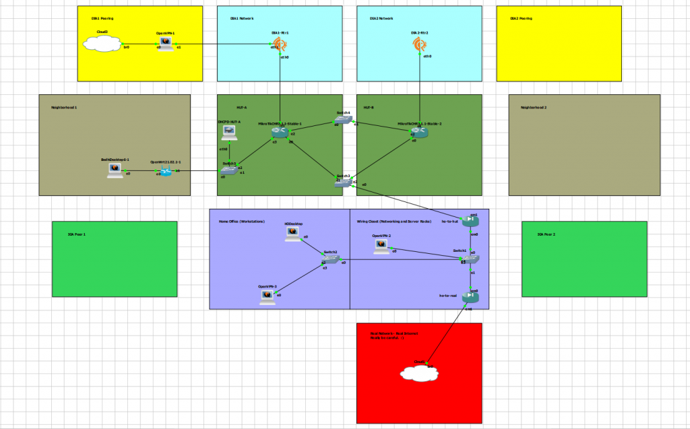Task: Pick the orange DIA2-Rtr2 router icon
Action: coord(420,44)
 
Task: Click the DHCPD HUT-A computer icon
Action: coord(230,133)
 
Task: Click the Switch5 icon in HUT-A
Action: coord(230,171)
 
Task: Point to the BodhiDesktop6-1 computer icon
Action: coord(115,170)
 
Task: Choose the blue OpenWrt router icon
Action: coord(166,172)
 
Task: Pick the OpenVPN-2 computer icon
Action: coord(382,246)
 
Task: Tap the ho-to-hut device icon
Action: coord(470,223)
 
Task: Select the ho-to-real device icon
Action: coord(470,297)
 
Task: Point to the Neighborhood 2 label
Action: coord(534,107)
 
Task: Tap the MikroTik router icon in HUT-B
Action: coord(420,133)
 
